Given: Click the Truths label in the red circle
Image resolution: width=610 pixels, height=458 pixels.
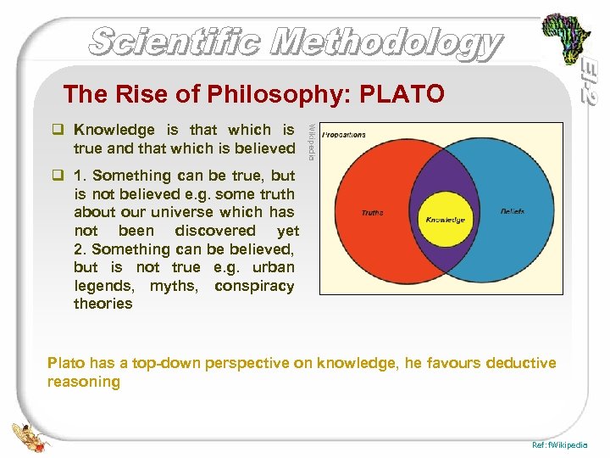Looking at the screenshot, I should coord(372,213).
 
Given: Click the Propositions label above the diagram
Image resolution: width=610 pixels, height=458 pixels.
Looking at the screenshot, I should coord(344,134).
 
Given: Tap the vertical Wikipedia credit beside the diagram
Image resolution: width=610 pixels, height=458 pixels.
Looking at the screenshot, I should coord(311,141).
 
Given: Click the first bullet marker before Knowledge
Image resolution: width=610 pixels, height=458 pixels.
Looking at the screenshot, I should coord(58,131).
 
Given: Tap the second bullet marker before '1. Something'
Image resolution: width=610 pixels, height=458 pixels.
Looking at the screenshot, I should coord(58,176).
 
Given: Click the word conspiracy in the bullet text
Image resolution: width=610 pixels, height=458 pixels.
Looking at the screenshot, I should coord(254,286).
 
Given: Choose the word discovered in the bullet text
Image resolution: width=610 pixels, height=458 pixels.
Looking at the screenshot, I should coord(215,231).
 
